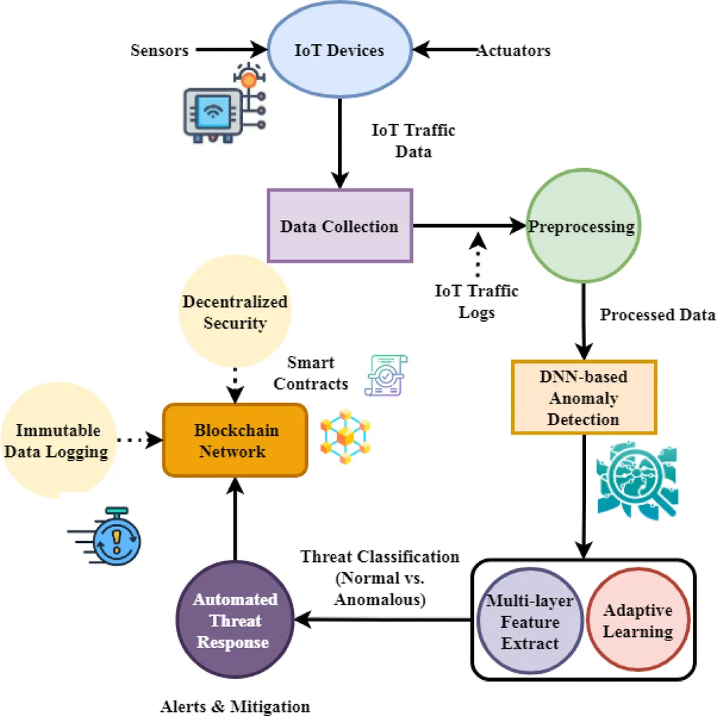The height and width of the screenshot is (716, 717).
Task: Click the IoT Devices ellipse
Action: click(x=340, y=50)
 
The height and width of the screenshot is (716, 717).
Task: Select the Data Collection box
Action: click(x=340, y=226)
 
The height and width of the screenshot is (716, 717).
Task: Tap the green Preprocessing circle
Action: click(x=582, y=226)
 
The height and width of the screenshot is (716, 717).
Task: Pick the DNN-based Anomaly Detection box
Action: click(x=584, y=397)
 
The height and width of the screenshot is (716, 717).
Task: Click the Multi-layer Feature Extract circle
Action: click(x=530, y=622)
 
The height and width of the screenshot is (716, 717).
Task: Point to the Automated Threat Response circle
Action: click(x=235, y=620)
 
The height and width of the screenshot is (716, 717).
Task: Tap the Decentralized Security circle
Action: click(x=235, y=312)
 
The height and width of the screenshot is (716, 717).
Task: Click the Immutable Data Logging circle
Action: click(x=57, y=440)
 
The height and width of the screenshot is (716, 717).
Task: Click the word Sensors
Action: click(x=160, y=50)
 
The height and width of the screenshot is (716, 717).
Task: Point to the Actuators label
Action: click(x=513, y=50)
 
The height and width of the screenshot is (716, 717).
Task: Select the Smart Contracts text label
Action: click(x=311, y=373)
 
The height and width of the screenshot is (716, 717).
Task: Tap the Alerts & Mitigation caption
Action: click(x=235, y=705)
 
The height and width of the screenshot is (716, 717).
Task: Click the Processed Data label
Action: click(x=657, y=315)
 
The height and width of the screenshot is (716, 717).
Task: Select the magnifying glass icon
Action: click(x=638, y=480)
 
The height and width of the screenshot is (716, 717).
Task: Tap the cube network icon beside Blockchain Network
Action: click(x=344, y=439)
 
